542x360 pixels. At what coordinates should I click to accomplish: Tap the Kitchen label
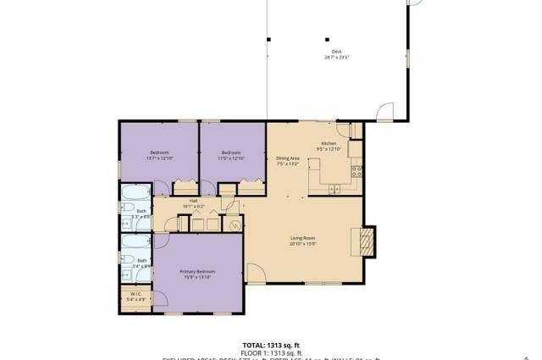coord(329,143)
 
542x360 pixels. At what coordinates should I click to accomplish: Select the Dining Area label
coord(288,158)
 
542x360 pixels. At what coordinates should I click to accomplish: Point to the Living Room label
coord(303,240)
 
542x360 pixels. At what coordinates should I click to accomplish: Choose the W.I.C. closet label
coord(135,294)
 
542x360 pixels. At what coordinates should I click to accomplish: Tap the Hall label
coord(194,201)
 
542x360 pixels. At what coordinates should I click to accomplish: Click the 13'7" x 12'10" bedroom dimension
coord(160,158)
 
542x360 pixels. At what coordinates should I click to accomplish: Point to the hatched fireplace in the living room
coord(365,241)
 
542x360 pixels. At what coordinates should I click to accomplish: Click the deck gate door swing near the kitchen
coord(384,112)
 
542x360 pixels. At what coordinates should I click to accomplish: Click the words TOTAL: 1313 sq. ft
coord(272,345)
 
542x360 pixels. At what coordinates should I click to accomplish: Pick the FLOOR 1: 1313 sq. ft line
coord(272,352)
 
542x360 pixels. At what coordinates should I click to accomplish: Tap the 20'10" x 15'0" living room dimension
coord(303,245)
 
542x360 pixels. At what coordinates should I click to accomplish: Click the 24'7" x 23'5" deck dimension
coord(336,58)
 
